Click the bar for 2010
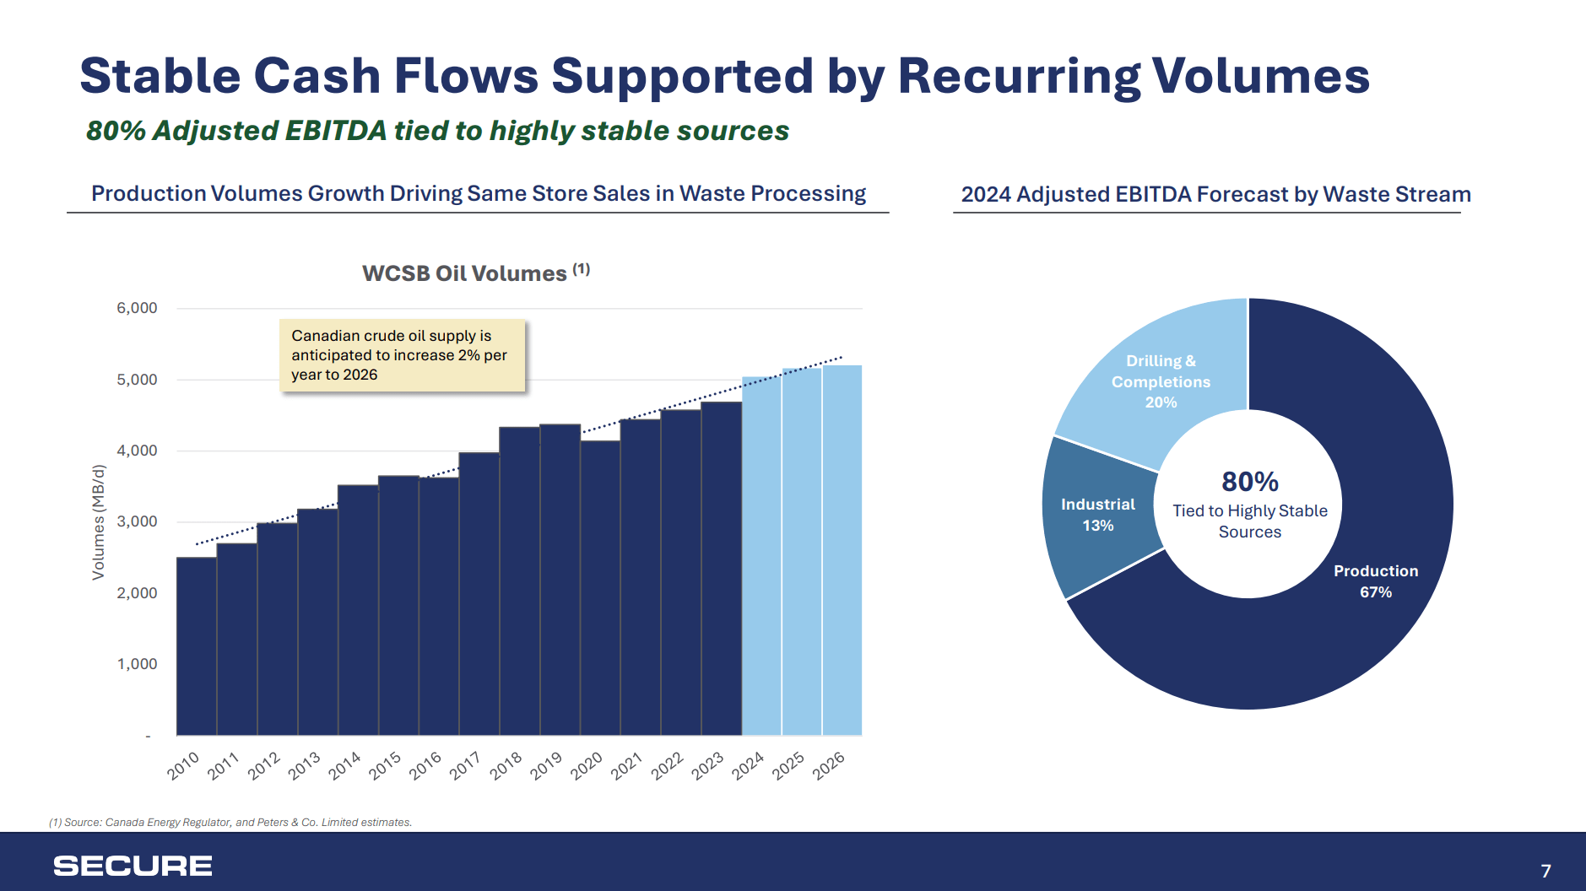(x=197, y=645)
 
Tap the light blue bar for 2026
(x=842, y=549)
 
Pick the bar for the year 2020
(x=600, y=587)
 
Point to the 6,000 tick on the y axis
(x=137, y=308)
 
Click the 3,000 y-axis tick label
(x=137, y=521)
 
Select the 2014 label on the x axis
(x=344, y=765)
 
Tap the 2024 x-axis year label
(x=748, y=765)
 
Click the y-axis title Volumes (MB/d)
(x=99, y=522)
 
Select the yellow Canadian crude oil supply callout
(x=402, y=355)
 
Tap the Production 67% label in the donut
(x=1375, y=581)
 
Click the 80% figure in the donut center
(x=1249, y=482)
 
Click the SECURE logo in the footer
(x=133, y=866)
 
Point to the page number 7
(x=1545, y=871)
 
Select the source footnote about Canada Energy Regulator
(x=230, y=822)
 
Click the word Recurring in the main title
(x=1019, y=76)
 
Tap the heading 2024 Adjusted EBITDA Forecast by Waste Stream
(x=1215, y=194)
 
